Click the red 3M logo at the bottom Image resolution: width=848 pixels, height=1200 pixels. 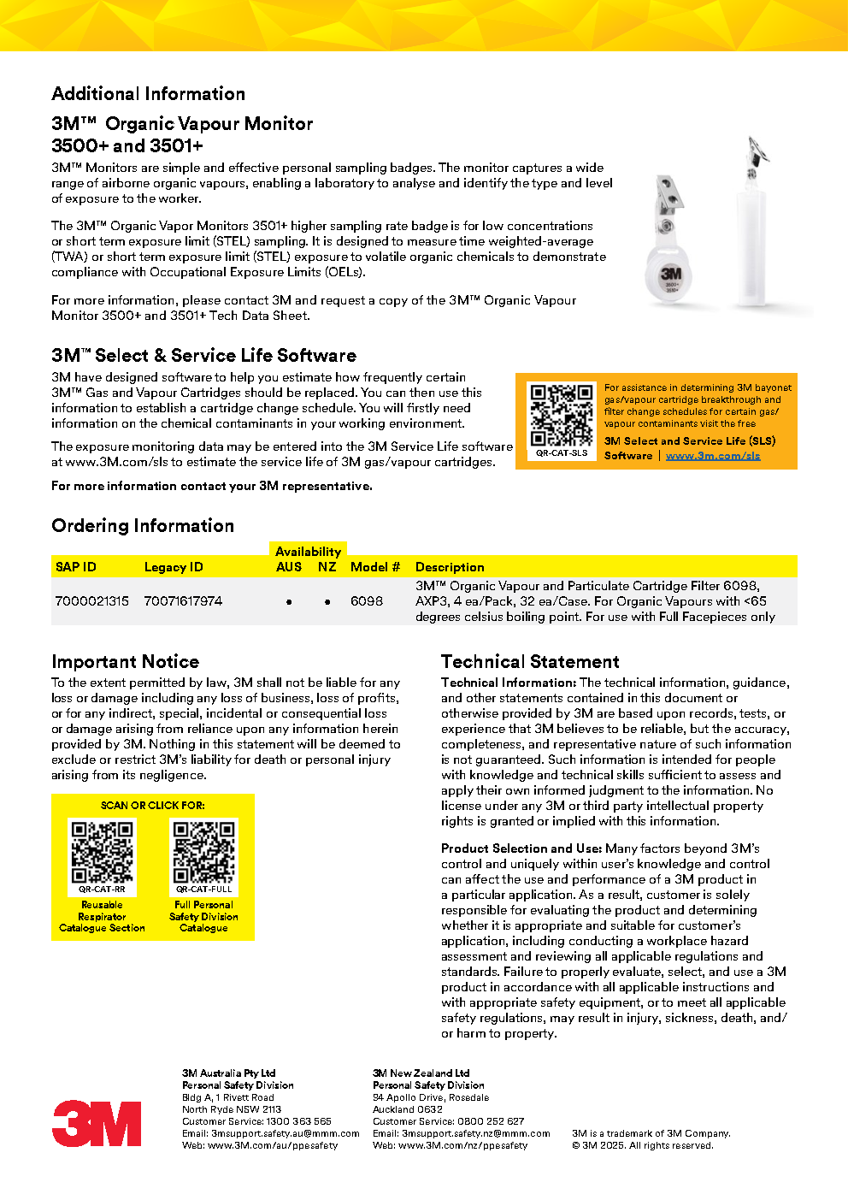pyautogui.click(x=97, y=1123)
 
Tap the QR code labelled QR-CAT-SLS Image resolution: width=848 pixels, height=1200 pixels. pyautogui.click(x=562, y=415)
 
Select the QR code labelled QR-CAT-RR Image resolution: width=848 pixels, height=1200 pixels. pyautogui.click(x=102, y=852)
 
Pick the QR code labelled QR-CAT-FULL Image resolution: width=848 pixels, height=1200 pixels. pyautogui.click(x=203, y=852)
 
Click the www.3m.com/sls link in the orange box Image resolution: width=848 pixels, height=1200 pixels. pyautogui.click(x=713, y=456)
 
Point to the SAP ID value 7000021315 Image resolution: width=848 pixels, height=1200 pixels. pyautogui.click(x=92, y=601)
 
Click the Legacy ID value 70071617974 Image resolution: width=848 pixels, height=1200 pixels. pyautogui.click(x=183, y=601)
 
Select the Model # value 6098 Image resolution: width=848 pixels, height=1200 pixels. pyautogui.click(x=367, y=601)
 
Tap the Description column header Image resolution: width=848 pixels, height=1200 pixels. pyautogui.click(x=450, y=567)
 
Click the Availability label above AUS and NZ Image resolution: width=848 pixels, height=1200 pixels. pyautogui.click(x=308, y=552)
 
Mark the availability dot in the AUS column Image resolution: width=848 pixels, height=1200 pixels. pyautogui.click(x=289, y=602)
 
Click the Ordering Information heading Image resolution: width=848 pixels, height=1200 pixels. pyautogui.click(x=143, y=526)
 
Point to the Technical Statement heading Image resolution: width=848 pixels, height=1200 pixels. pyautogui.click(x=530, y=662)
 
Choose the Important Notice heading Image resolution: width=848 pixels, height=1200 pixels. pyautogui.click(x=125, y=662)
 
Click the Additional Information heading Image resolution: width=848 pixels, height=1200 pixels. pyautogui.click(x=148, y=94)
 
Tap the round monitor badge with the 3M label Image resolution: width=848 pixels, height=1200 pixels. pyautogui.click(x=670, y=278)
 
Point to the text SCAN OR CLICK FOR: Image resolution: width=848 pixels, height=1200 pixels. pyautogui.click(x=153, y=806)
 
